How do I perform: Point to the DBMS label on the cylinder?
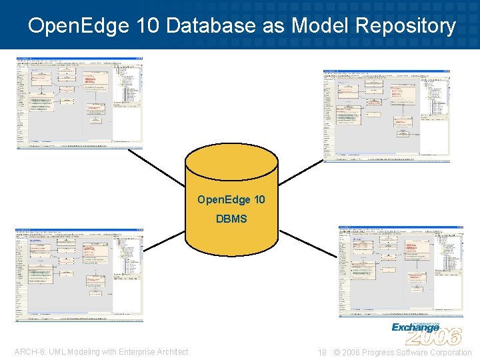231,219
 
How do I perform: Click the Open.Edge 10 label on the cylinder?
231,199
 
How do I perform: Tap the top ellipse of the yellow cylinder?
231,160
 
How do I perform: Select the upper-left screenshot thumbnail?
80,103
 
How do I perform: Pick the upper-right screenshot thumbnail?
387,115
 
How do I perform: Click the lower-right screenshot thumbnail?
401,271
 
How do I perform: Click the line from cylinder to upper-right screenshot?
300,173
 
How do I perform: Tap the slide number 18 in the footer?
322,352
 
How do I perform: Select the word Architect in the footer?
169,352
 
